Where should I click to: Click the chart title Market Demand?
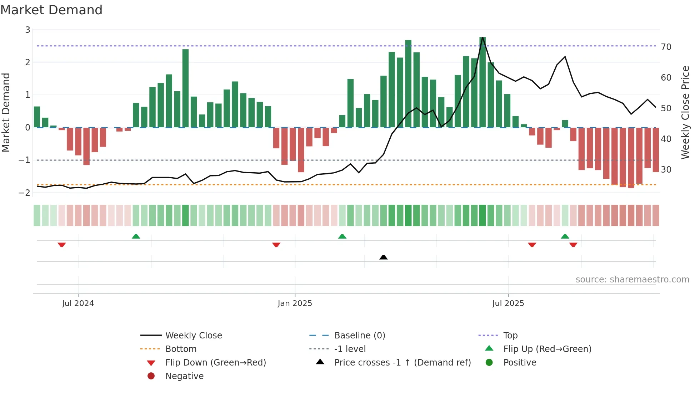pos(51,10)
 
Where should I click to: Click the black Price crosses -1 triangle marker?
pos(383,257)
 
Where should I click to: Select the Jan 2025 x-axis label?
pos(295,303)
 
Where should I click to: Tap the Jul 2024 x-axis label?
pos(78,303)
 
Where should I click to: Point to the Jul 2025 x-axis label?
pos(508,303)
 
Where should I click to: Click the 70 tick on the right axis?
pos(666,47)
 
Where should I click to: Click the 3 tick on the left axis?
pos(27,30)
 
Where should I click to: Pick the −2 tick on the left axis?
pos(25,193)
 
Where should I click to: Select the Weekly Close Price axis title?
pos(685,112)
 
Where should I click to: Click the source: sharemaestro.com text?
pos(632,280)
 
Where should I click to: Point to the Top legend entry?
pos(510,336)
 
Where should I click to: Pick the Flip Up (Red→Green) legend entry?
pos(547,349)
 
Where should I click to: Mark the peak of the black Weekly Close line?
pos(482,37)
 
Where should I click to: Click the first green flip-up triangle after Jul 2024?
pos(136,236)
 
